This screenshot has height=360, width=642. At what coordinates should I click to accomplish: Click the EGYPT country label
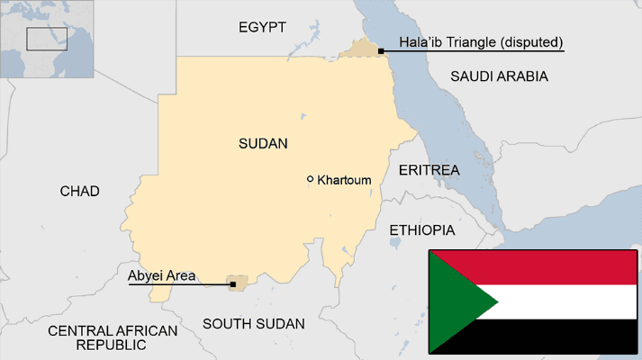(x=262, y=28)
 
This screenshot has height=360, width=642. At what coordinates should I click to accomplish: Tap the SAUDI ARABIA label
(x=499, y=76)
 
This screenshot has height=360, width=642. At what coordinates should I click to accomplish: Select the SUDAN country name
(x=263, y=143)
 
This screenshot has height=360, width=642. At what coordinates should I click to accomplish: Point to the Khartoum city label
(x=344, y=180)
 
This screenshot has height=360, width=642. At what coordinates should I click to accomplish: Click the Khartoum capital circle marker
(x=311, y=179)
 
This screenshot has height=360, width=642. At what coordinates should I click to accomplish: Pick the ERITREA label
(x=429, y=170)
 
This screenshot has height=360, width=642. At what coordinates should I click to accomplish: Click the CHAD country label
(x=79, y=191)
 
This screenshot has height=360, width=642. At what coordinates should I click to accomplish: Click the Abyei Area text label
(x=162, y=276)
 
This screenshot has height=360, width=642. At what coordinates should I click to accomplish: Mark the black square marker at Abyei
(x=233, y=284)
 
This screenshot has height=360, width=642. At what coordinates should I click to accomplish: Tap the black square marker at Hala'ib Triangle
(x=382, y=51)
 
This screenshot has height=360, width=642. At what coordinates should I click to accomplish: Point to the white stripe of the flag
(x=567, y=301)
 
